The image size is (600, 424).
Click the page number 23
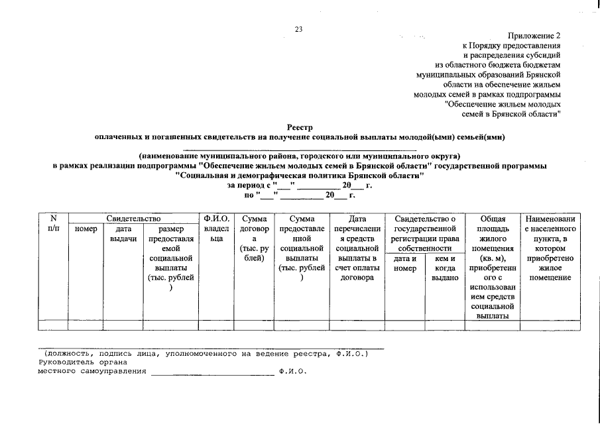click(298, 29)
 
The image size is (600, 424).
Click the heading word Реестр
click(300, 127)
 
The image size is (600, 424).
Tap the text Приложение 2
click(534, 35)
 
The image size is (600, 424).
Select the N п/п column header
click(54, 223)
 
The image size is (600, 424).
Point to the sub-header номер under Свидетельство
click(86, 229)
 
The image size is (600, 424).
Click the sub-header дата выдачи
click(123, 234)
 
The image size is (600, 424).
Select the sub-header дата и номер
click(404, 264)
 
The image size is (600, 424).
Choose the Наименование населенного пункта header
click(550, 248)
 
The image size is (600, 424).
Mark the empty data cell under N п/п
click(54, 325)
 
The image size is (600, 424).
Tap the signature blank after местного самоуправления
click(212, 372)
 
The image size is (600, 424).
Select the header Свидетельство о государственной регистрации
click(424, 229)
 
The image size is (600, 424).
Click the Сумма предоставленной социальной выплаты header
click(302, 248)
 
